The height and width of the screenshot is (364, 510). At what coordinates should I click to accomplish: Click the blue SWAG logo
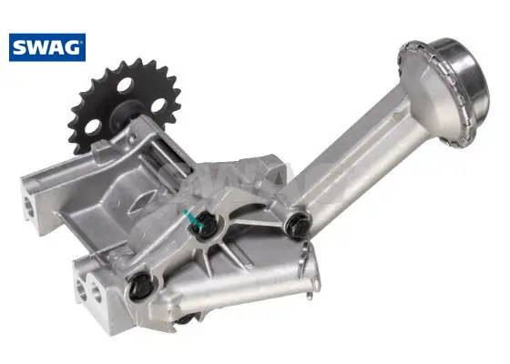click(x=47, y=47)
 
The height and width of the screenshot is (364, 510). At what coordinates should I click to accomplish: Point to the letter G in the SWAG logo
click(x=73, y=47)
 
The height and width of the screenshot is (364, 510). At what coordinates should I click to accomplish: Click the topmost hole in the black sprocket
click(x=126, y=86)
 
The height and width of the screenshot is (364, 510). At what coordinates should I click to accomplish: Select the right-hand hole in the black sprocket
click(x=158, y=105)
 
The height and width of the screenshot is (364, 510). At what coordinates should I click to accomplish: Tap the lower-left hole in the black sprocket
click(x=92, y=126)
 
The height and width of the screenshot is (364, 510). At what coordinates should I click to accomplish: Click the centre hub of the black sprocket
click(x=126, y=113)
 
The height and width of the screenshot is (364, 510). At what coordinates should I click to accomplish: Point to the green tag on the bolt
click(x=192, y=218)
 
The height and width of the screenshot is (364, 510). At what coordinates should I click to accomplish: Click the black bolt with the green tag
click(x=204, y=224)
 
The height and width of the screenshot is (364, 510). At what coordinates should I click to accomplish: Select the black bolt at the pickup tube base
click(x=297, y=224)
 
